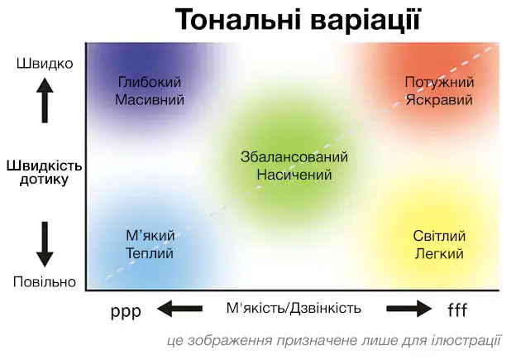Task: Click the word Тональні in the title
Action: click(238, 19)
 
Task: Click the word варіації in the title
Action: click(366, 19)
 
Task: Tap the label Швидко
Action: click(45, 64)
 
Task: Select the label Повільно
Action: click(45, 282)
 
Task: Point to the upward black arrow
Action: click(45, 100)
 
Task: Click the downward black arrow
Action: click(45, 244)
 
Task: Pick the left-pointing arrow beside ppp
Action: click(179, 309)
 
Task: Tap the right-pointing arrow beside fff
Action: click(409, 309)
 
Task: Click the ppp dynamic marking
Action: click(126, 311)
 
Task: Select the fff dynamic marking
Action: click(457, 310)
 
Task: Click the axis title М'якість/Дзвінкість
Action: click(294, 309)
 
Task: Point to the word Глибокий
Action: click(150, 82)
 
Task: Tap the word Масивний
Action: click(150, 100)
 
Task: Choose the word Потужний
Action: click(439, 82)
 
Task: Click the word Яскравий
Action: click(439, 100)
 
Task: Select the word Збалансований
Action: click(294, 156)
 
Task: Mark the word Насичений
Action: click(294, 175)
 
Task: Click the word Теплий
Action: click(150, 253)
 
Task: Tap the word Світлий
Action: click(439, 236)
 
